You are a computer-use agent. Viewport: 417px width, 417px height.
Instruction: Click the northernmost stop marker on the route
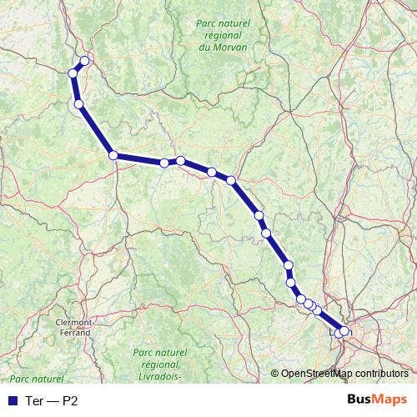[84, 60]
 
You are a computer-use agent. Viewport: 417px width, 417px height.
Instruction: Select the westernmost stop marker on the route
[73, 73]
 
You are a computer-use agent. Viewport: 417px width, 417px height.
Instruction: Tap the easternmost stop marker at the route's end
[344, 331]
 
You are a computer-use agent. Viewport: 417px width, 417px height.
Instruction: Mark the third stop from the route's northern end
[78, 104]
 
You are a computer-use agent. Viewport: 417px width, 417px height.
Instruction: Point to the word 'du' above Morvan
[205, 48]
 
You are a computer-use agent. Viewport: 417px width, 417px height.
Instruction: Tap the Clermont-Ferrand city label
[73, 324]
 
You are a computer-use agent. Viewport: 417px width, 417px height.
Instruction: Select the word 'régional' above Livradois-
[160, 365]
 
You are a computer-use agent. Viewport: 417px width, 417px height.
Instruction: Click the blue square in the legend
[12, 400]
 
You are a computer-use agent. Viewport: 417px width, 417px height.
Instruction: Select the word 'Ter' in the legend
[33, 400]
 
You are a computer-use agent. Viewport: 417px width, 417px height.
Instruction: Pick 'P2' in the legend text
[72, 400]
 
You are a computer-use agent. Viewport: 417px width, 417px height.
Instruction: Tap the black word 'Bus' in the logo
[359, 399]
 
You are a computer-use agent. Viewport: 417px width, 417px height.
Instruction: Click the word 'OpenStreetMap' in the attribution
[317, 374]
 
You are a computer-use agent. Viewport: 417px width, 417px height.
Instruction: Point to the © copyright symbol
[275, 374]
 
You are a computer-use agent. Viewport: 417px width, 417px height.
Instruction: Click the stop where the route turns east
[113, 154]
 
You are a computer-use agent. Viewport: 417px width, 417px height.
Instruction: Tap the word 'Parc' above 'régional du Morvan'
[206, 26]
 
